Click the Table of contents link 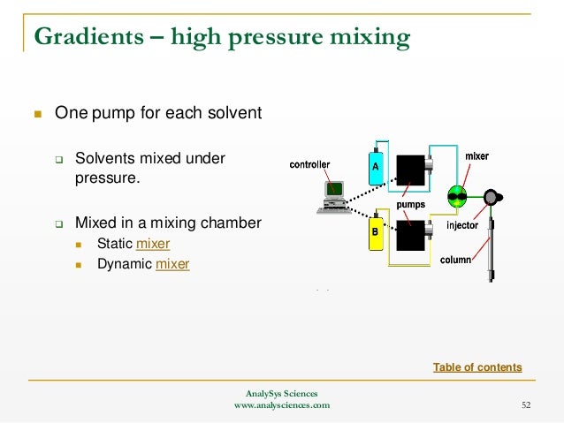[x=477, y=367]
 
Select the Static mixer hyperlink [x=153, y=243]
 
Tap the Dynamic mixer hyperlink [x=172, y=263]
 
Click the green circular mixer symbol [x=458, y=195]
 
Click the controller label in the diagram [x=309, y=165]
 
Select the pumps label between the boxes [x=410, y=204]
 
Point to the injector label [x=462, y=225]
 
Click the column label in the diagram [x=455, y=260]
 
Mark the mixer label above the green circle [x=476, y=156]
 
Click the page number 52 [x=526, y=405]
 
